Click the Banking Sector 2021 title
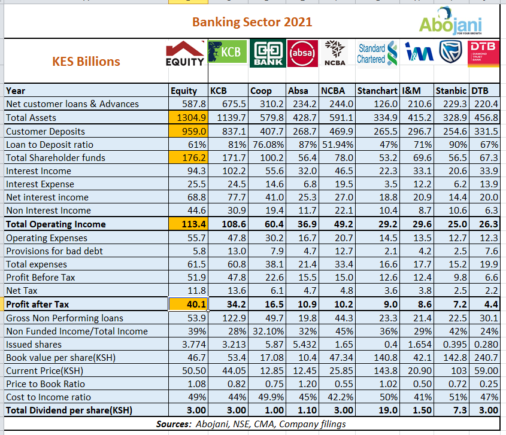[252, 22]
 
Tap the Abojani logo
[451, 22]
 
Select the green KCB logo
[226, 52]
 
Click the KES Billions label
[86, 61]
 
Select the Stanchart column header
[377, 91]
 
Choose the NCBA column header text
[335, 91]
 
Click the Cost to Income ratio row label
[49, 397]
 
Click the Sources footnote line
[251, 424]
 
